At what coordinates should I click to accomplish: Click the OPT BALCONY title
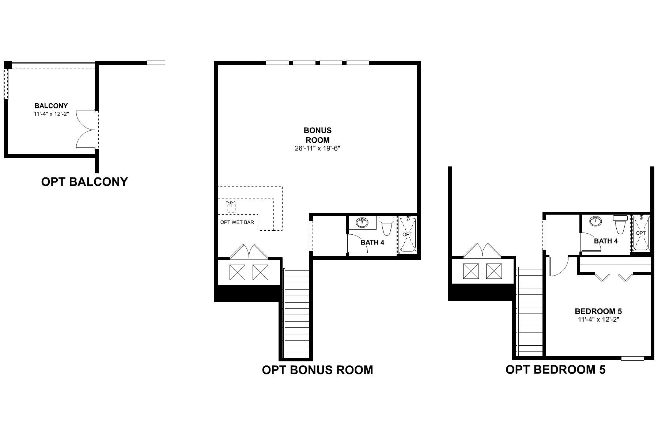pos(84,182)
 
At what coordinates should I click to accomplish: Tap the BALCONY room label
pos(51,106)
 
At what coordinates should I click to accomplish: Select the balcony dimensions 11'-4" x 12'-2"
pos(51,114)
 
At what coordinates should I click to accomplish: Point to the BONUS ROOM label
pos(317,135)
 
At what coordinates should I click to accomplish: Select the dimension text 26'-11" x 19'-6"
pos(317,149)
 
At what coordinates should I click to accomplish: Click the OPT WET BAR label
pos(237,222)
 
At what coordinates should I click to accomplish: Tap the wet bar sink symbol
pos(231,207)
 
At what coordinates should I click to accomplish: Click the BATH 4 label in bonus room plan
pos(372,242)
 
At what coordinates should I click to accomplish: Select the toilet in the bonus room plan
pos(386,225)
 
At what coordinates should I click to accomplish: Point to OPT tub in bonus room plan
pos(407,235)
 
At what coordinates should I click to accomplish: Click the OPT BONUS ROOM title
pos(317,370)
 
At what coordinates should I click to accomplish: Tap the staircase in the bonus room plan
pos(296,314)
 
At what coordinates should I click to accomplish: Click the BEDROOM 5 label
pos(598,311)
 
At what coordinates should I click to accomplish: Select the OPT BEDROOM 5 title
pos(555,369)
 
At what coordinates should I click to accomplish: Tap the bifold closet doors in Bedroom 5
pos(614,277)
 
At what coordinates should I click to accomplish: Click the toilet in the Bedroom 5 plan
pos(620,224)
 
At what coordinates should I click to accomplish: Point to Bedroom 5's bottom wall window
pos(632,358)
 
